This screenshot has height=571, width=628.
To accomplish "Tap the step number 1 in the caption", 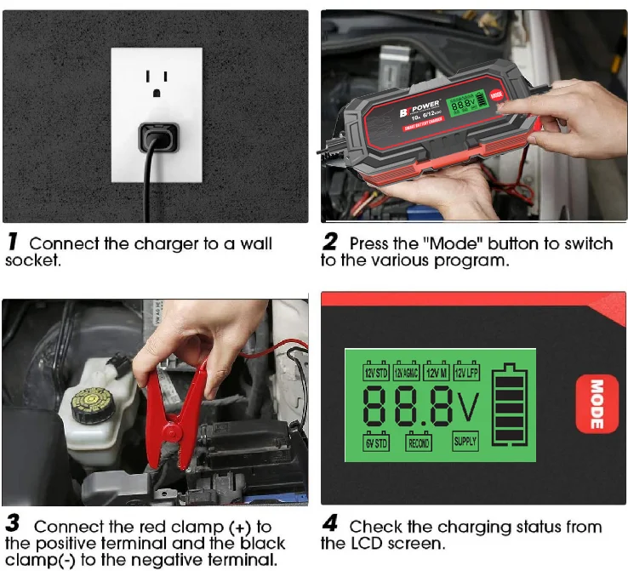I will coord(13,243).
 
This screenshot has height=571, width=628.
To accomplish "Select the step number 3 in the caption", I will coord(13,525).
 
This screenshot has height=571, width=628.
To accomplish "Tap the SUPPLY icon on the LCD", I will coord(465,442).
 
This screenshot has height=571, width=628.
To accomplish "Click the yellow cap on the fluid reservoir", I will coord(93,404).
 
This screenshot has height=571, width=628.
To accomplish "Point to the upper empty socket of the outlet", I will coord(157,80).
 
